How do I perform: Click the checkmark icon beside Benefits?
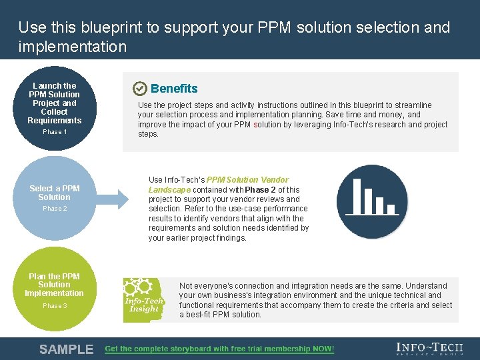(140, 89)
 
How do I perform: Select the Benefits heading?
(174, 89)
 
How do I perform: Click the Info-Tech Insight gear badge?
(144, 299)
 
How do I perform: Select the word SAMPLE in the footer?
(66, 349)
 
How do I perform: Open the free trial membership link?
(219, 349)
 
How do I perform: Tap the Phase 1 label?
(55, 132)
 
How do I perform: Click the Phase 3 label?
(55, 306)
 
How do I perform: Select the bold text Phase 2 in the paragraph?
(260, 189)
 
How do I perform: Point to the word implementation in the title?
(73, 47)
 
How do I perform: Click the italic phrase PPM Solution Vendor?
(247, 179)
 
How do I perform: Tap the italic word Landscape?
(169, 189)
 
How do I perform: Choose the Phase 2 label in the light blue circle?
(55, 209)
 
